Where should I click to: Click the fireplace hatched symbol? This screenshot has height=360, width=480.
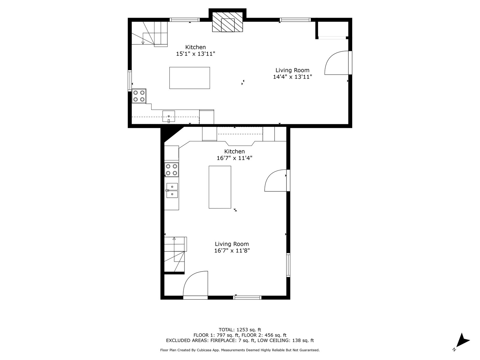[x=227, y=22]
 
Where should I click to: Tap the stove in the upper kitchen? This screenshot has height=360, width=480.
[x=139, y=96]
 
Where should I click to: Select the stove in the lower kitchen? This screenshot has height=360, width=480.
[x=172, y=169]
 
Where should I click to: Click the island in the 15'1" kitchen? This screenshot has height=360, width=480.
[x=190, y=78]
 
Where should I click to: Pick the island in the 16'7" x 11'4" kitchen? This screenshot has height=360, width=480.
[x=220, y=187]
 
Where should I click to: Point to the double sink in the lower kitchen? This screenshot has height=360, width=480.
[x=172, y=190]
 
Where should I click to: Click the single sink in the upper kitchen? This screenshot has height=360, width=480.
[x=169, y=116]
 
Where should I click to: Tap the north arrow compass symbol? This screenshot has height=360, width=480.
[x=463, y=346]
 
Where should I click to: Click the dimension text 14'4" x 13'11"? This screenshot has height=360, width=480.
[x=292, y=77]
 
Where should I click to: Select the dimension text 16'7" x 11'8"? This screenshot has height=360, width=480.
[x=232, y=250]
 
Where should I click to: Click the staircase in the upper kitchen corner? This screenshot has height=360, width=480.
[x=150, y=34]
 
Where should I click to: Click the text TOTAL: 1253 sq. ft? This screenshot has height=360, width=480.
[x=240, y=330]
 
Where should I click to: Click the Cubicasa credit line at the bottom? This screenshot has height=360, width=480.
[x=240, y=350]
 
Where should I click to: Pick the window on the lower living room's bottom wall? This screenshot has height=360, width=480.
[x=247, y=298]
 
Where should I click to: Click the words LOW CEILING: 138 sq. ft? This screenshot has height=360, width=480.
[x=286, y=340]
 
